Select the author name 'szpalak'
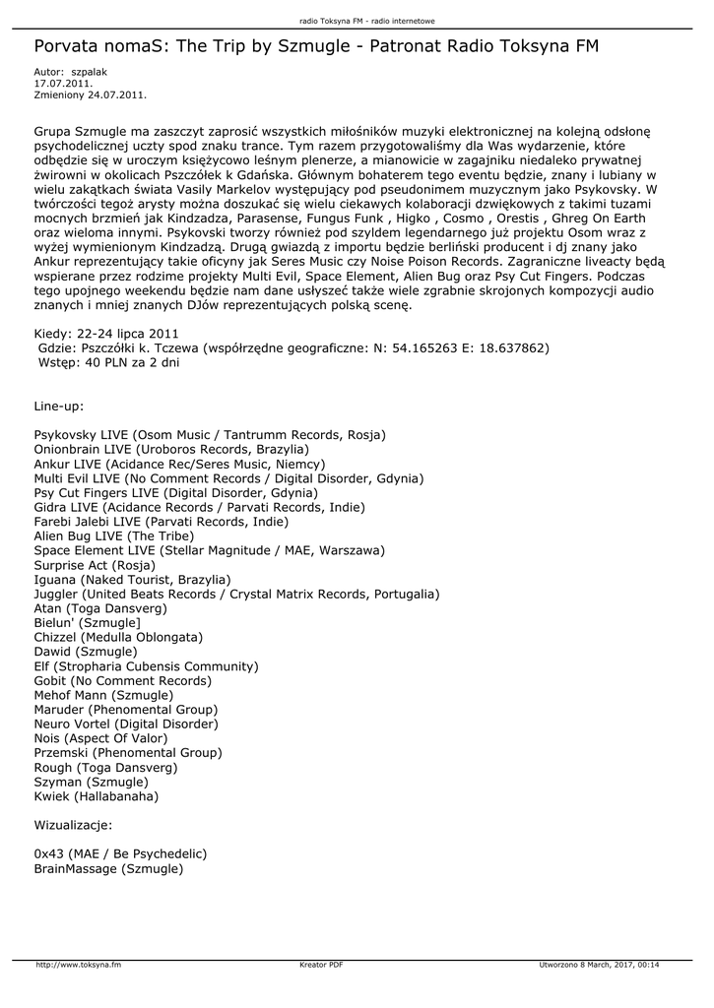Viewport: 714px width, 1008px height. (90, 73)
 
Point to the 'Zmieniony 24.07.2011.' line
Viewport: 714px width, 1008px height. (91, 94)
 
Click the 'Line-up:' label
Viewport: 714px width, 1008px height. (59, 406)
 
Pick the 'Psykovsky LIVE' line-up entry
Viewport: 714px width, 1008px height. (210, 434)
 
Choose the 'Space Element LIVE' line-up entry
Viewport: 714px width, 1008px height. (209, 549)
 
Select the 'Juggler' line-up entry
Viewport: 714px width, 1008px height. (236, 594)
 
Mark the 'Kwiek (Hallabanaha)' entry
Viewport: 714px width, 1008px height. (96, 795)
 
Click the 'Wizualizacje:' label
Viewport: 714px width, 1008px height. (73, 824)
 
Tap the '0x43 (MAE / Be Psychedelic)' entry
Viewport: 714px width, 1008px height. (120, 852)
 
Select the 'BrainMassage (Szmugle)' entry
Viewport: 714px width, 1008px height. (108, 868)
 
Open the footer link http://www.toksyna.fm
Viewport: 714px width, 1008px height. (79, 965)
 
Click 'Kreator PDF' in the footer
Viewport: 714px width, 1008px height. (321, 965)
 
